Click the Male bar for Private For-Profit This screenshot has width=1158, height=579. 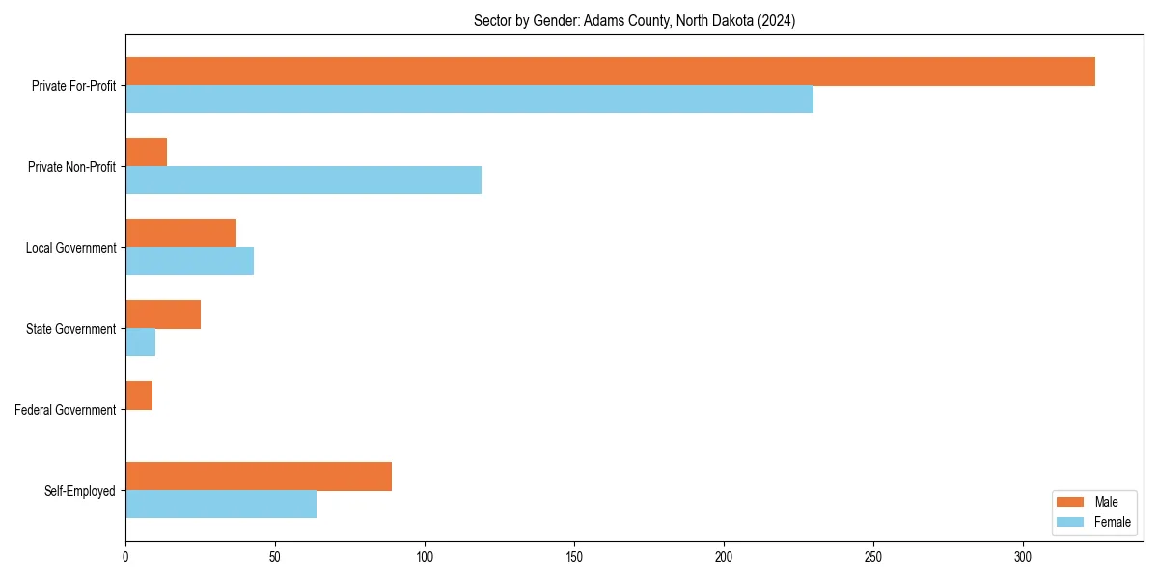610,71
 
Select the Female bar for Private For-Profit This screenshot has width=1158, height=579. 469,99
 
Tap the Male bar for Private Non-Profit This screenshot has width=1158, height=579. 146,152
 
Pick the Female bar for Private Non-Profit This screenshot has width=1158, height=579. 303,180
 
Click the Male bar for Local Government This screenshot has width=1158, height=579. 180,234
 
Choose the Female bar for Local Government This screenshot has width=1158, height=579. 189,262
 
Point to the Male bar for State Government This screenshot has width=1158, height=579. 163,315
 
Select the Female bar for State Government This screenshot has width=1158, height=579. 140,343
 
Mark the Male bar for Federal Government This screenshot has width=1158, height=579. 139,396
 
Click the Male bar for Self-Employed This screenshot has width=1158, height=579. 259,477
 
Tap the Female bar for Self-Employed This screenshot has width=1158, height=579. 221,505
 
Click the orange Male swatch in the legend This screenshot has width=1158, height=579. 1071,502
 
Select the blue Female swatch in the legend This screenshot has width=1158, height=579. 1071,522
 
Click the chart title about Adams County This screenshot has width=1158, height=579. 634,20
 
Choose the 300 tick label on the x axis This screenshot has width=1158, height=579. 1023,557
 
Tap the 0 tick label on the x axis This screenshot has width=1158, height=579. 125,557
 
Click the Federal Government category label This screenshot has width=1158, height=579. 66,410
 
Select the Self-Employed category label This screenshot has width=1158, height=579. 80,491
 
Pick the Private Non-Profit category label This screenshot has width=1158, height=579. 72,167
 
